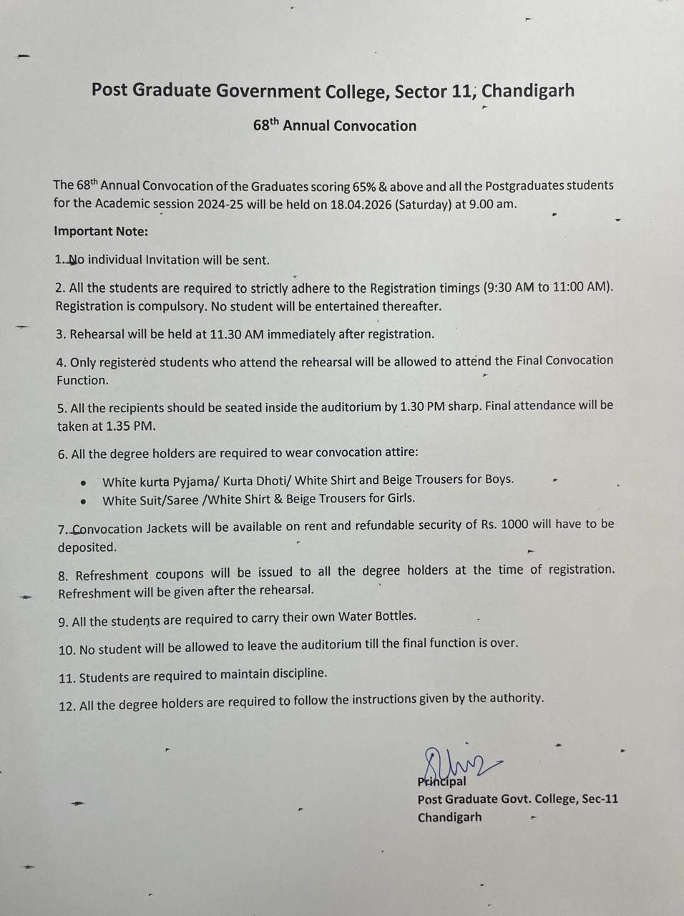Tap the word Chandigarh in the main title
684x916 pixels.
coord(528,91)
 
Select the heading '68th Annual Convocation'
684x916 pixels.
coord(334,126)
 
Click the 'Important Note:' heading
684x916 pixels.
coord(101,231)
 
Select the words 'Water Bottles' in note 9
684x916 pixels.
coord(377,616)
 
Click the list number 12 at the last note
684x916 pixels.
coord(67,706)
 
